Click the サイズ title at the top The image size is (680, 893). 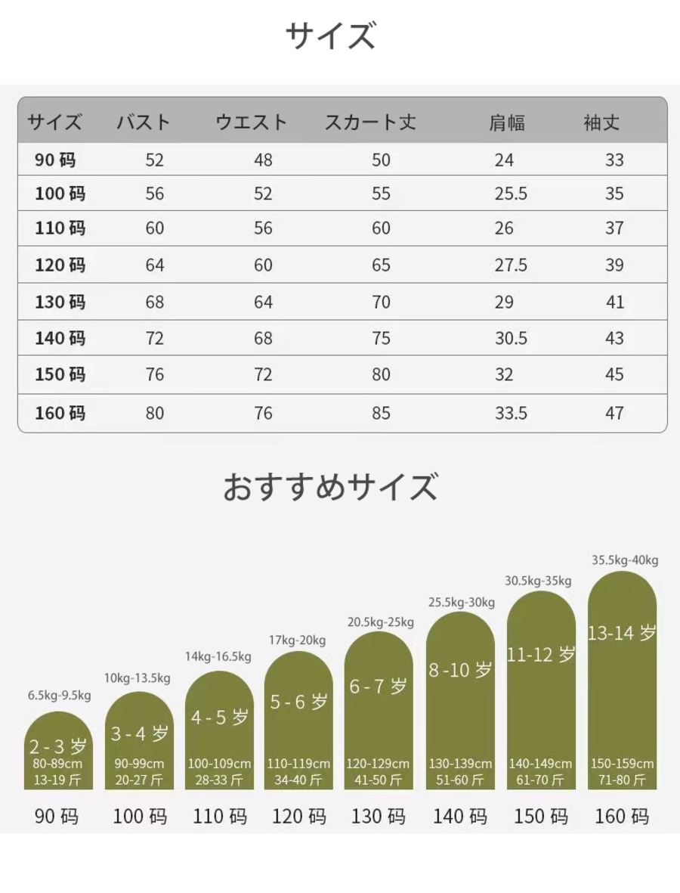pos(330,36)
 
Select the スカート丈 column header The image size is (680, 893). pos(370,122)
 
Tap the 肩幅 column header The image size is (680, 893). pos(506,122)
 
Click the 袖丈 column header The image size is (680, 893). pos(601,122)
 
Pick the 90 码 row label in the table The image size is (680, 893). pos(55,160)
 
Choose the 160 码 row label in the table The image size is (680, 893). pos(60,413)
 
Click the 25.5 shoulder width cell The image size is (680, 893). pos(511,194)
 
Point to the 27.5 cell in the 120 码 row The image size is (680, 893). pos(511,265)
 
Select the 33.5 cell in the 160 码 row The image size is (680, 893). pos(511,413)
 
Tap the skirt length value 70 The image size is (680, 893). pos(381,302)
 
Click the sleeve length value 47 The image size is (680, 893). pos(614,413)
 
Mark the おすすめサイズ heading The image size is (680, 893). pos(330,487)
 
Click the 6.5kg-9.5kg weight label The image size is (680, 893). pos(60,696)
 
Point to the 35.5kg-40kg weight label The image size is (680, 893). pos(625,560)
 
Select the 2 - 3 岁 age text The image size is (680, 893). pos(58,747)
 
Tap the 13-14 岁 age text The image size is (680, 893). pos(622,634)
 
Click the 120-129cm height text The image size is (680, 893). pos(378,764)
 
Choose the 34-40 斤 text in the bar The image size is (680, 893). pos(298,780)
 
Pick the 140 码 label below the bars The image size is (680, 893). pos(460,817)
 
